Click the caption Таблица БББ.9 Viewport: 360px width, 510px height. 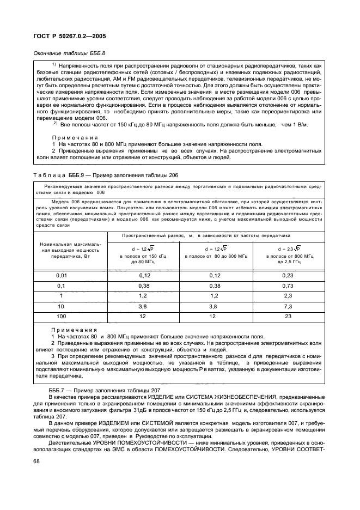103,174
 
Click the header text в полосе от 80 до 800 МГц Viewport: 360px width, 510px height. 216,256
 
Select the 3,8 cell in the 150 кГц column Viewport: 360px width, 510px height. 143,306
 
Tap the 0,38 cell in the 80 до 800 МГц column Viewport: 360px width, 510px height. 216,286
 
